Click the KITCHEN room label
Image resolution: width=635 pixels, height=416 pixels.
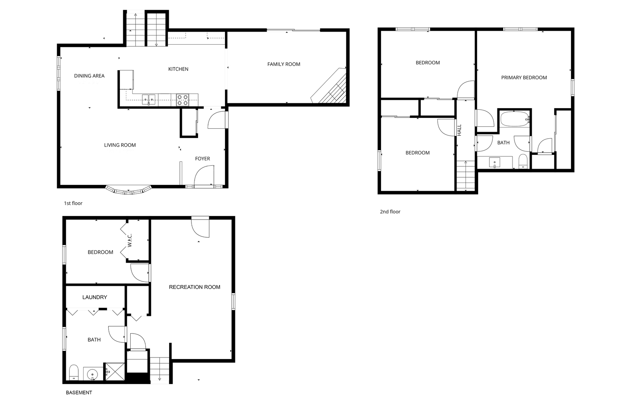click(x=178, y=69)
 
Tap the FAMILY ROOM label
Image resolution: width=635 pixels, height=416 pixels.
click(x=284, y=64)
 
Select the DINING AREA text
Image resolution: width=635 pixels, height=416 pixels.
click(x=89, y=75)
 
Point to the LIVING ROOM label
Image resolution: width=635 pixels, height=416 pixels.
click(x=120, y=145)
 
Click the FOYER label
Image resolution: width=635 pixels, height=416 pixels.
click(x=202, y=159)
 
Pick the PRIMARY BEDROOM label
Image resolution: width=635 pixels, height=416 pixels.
click(x=524, y=78)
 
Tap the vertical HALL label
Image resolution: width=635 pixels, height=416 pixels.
click(x=460, y=130)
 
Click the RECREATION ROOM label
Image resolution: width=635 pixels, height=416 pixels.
click(x=195, y=287)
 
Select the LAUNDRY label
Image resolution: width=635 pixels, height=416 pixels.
click(x=95, y=297)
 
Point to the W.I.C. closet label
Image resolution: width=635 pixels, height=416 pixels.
click(x=129, y=240)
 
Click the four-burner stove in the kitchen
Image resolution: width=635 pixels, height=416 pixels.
click(x=183, y=100)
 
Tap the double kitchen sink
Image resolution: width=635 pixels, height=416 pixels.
click(x=149, y=100)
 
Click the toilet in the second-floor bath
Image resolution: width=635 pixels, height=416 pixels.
click(x=523, y=161)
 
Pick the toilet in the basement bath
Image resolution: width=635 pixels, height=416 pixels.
click(x=74, y=372)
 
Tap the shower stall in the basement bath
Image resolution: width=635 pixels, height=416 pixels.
click(x=115, y=371)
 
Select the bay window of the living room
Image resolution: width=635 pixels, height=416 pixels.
click(x=128, y=190)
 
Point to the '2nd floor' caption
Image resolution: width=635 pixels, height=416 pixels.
click(x=390, y=212)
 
